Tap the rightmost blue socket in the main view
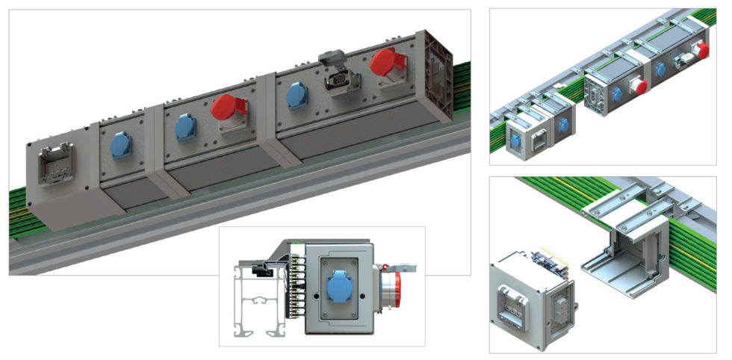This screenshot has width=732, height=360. click(298, 96)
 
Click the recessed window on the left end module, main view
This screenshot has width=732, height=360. click(55, 165)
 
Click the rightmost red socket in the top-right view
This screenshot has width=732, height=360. click(701, 50)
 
